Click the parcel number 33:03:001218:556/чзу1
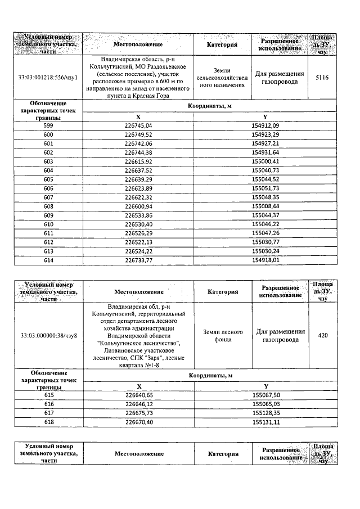click(x=48, y=77)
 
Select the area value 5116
click(x=322, y=77)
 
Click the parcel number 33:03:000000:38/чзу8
click(x=48, y=336)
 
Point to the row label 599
click(x=48, y=125)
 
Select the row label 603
click(x=48, y=162)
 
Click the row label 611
click(x=48, y=233)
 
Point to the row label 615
click(x=48, y=396)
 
